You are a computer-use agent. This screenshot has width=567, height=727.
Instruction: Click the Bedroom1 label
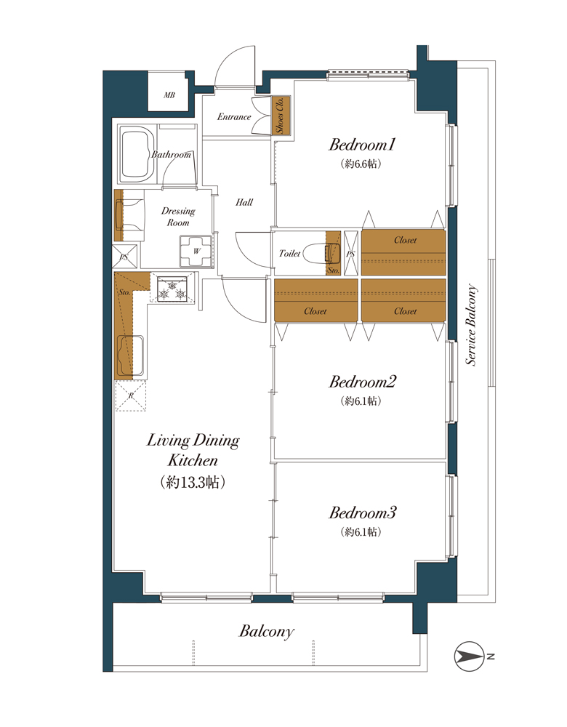361,145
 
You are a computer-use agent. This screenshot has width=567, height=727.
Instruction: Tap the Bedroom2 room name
363,382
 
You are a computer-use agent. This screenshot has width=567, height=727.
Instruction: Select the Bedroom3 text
363,513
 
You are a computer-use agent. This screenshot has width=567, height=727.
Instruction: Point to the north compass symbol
469,656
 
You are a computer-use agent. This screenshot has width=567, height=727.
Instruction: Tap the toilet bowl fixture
326,253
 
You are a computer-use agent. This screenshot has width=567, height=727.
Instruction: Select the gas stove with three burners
172,289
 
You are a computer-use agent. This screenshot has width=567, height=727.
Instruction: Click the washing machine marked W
196,252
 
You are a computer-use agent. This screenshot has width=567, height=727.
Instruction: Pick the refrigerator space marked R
131,395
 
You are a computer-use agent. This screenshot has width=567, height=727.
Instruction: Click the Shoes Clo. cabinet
280,116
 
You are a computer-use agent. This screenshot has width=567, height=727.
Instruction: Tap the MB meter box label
169,95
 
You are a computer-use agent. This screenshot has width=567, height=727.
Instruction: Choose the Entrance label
234,117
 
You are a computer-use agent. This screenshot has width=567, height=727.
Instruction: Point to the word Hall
244,202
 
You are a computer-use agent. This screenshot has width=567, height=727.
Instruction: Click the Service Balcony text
471,324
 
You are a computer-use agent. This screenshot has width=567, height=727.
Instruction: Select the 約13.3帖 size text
193,482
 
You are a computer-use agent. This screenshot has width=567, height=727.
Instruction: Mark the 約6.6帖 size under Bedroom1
361,164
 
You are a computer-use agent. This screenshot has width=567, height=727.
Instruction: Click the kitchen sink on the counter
130,355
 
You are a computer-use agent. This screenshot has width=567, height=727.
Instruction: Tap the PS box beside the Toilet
351,253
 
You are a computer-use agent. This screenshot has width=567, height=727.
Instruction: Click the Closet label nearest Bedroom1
405,240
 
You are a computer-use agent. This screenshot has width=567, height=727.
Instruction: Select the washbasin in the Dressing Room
130,214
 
